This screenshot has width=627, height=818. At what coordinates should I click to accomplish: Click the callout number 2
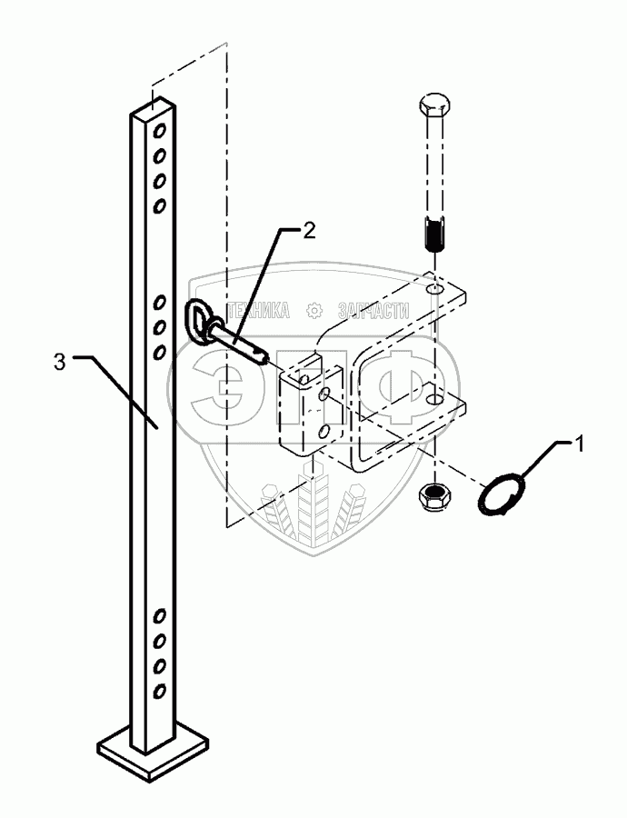310,230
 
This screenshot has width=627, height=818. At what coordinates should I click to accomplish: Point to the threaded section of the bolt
434,237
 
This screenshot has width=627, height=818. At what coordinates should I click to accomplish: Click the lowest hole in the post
159,693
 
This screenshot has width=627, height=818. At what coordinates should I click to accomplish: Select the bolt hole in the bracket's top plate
433,289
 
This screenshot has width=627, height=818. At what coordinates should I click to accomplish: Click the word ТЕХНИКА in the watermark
258,311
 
